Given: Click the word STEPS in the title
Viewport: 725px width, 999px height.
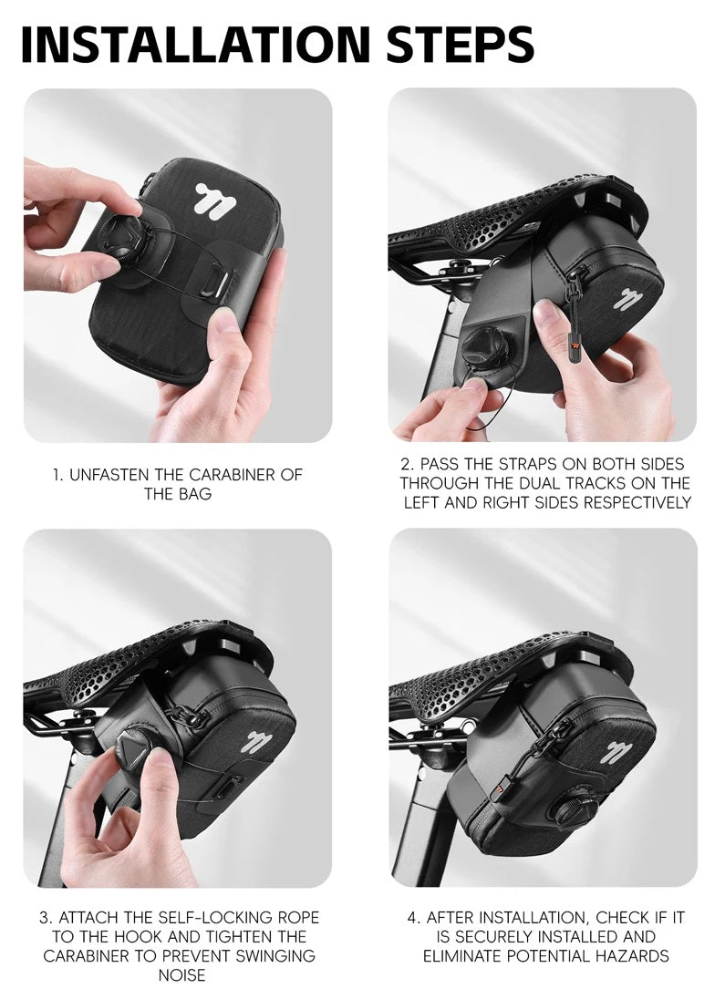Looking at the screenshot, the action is point(459,44).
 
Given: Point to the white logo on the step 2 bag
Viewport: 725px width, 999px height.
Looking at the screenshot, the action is point(627,300).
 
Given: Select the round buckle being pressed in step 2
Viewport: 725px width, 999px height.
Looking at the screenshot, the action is point(488,349).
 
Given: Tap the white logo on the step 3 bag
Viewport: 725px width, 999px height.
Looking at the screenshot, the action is point(257,742).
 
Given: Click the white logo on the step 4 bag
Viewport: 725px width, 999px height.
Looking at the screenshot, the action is point(616,752).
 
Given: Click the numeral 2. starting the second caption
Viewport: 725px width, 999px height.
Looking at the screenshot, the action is point(408,464).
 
